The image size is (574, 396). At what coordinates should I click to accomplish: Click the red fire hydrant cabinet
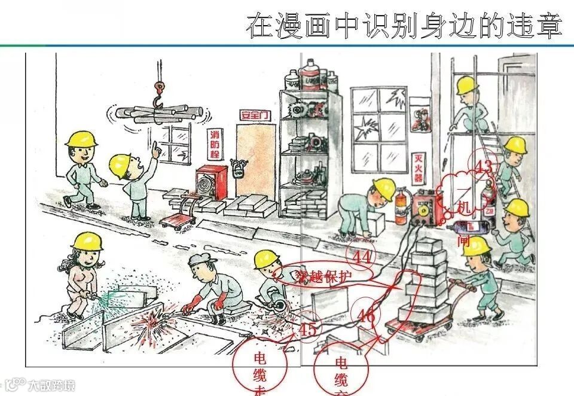(212, 182)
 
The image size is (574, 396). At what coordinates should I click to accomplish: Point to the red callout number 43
(483, 166)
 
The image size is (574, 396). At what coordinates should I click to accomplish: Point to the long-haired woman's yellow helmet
(87, 240)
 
